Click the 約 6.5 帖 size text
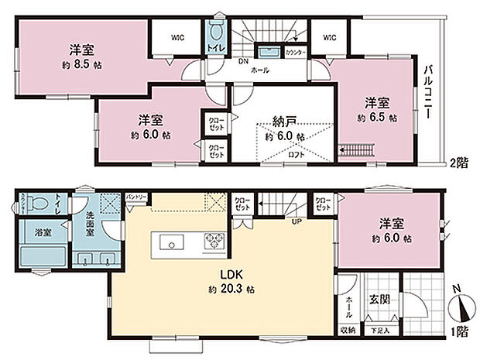[x=378, y=118]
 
